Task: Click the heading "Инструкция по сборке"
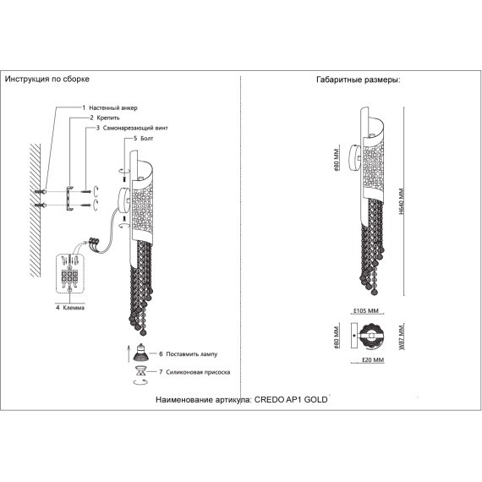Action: (47, 79)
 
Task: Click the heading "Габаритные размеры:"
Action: (359, 80)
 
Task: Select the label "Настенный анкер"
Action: (113, 108)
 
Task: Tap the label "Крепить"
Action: (108, 118)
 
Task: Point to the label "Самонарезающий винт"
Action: (135, 128)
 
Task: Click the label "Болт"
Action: (146, 139)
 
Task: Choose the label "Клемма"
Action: (74, 308)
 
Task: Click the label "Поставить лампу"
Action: (191, 354)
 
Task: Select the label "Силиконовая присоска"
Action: (198, 372)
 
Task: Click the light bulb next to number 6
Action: (140, 353)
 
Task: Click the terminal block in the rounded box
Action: (69, 276)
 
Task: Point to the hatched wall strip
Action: (35, 211)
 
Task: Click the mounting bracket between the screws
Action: (69, 198)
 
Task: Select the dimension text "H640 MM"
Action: (401, 201)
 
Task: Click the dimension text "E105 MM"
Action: (366, 311)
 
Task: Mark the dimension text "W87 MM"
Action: (401, 337)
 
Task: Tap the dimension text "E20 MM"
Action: (373, 359)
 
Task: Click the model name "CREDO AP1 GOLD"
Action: (291, 400)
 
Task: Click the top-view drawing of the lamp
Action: (368, 336)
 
